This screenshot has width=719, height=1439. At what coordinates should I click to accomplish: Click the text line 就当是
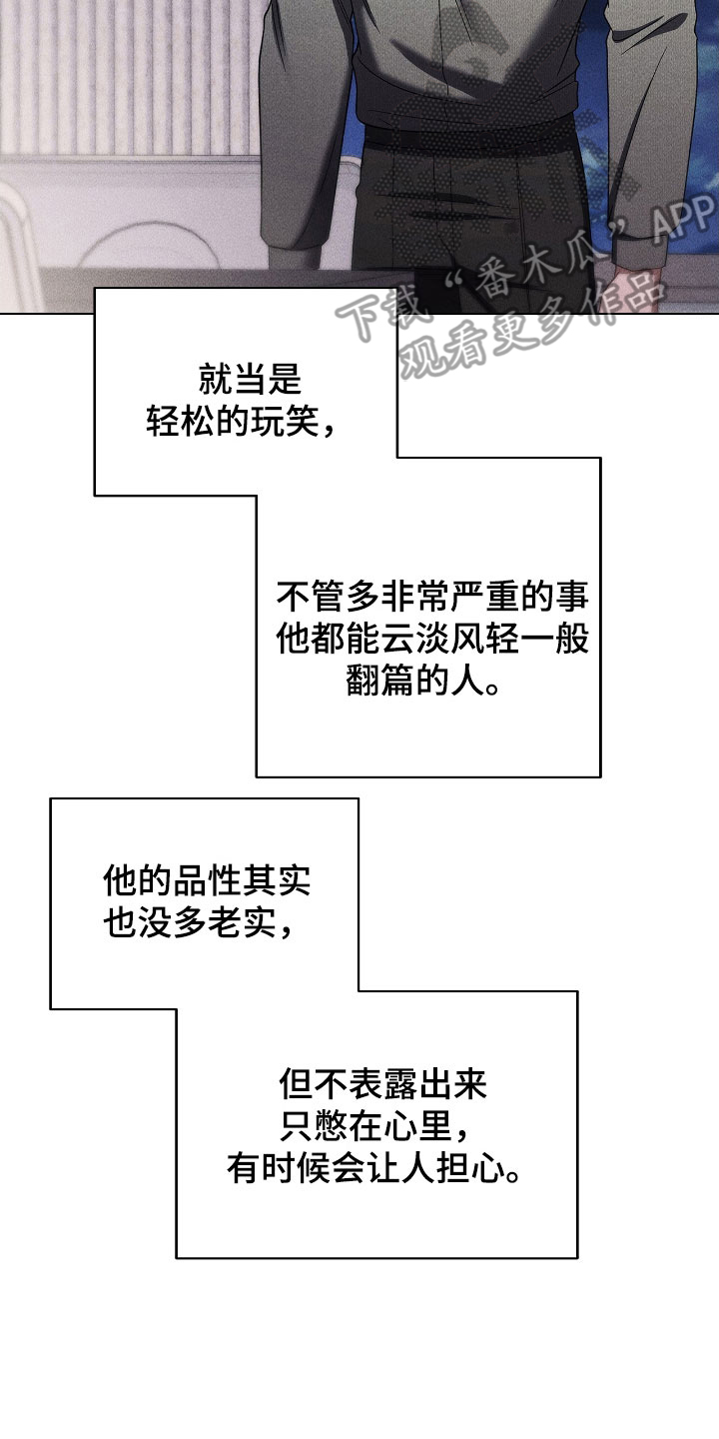[x=251, y=381]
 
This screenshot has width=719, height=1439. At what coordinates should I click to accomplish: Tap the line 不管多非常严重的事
[x=432, y=598]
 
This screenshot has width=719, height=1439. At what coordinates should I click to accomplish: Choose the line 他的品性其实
[x=207, y=880]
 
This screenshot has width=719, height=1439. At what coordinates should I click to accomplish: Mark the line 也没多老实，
[x=199, y=923]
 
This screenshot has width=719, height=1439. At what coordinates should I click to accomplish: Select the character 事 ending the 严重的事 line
[x=573, y=598]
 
